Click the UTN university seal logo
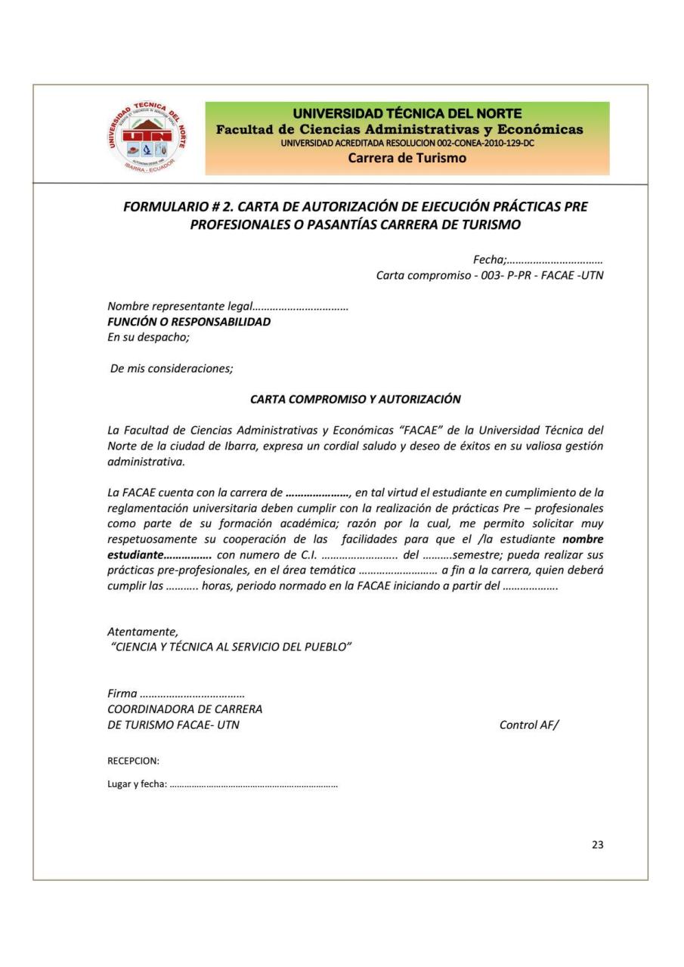click(148, 139)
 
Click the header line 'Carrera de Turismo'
click(407, 159)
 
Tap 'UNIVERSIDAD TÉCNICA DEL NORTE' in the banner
click(407, 114)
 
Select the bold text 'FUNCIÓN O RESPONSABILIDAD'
click(189, 323)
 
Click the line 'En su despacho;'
click(148, 337)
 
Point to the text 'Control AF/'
click(529, 725)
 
